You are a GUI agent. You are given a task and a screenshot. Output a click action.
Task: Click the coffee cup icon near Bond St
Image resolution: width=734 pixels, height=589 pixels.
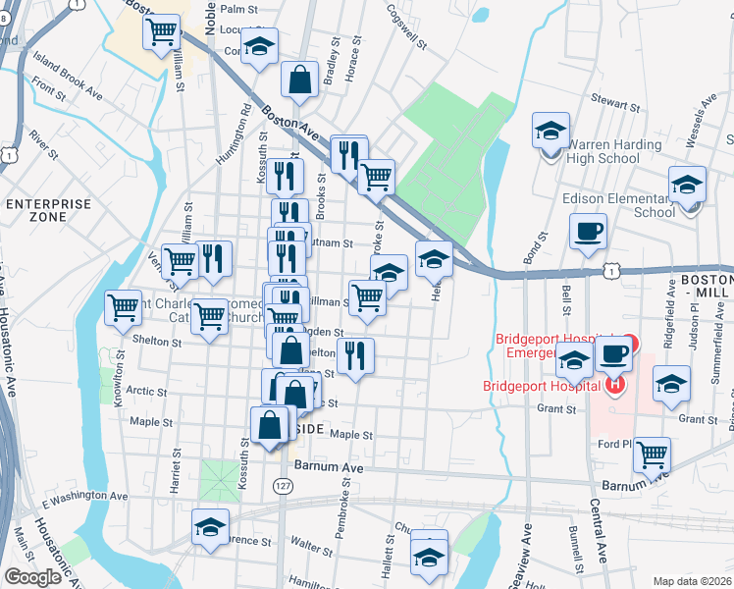588,233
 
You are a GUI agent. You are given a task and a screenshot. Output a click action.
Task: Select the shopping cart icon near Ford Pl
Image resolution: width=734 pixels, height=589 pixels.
653,454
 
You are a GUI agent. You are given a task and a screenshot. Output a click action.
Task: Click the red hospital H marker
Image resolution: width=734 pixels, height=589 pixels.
614,383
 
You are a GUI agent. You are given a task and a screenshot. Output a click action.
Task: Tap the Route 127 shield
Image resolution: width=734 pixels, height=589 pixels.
283,486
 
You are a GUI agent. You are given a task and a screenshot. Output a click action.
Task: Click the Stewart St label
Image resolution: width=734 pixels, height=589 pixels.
614,100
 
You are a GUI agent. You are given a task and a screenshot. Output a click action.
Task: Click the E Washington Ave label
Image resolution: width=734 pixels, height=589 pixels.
85,497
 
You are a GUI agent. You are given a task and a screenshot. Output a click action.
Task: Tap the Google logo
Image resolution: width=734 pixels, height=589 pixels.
32,577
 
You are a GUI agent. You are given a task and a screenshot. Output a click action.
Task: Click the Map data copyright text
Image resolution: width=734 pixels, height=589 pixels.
692,581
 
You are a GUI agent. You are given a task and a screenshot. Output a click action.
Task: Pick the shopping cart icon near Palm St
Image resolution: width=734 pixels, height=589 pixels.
163,30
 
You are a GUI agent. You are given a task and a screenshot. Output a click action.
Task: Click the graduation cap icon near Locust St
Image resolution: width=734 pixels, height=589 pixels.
259,45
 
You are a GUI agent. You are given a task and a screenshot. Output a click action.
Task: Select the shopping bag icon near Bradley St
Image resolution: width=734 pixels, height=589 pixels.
299,81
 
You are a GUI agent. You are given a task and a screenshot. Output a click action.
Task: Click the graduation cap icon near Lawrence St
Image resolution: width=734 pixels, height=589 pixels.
209,528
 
